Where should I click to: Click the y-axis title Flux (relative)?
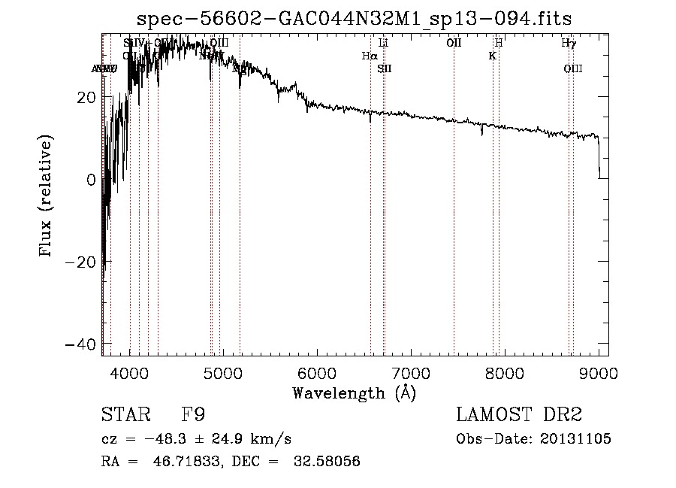pos(47,198)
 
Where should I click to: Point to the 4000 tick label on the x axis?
pos(130,373)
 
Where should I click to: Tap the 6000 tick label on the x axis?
pos(317,373)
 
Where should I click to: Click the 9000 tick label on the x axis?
pos(599,373)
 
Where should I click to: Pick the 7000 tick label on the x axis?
pos(411,373)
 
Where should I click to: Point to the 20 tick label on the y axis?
pos(87,97)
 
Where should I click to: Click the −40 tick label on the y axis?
pos(81,344)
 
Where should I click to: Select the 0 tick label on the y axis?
pos(92,180)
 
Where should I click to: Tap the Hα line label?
pos(369,56)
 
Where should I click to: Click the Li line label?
pos(384,43)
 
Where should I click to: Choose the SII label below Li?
pos(385,69)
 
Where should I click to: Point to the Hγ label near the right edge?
pos(569,43)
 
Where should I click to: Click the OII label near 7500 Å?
pos(454,43)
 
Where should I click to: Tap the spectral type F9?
pos(193,415)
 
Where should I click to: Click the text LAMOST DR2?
pos(519,415)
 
